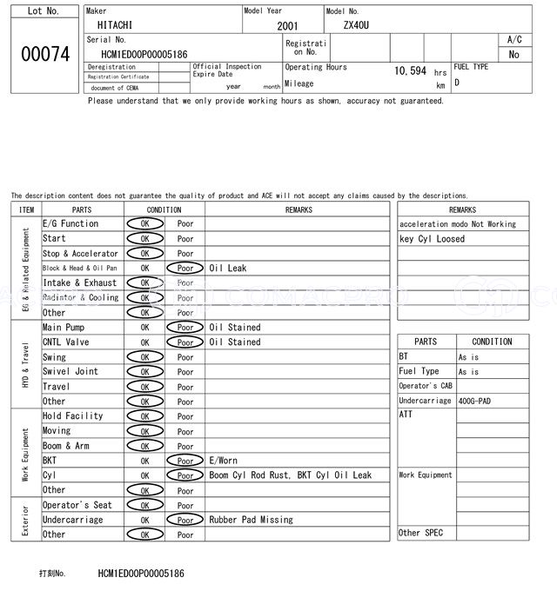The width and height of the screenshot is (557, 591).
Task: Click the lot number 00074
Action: tap(44, 54)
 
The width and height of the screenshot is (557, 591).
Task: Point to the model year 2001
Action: tap(287, 26)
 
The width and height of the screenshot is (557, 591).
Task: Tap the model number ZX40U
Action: tap(356, 25)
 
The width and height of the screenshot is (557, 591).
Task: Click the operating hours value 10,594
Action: tap(410, 71)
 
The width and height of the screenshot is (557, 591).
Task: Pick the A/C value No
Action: tap(513, 54)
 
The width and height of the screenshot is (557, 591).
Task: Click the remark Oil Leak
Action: tap(228, 269)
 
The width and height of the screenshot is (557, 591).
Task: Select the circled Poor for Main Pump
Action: tap(185, 328)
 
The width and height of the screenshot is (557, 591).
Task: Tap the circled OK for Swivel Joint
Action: tap(144, 372)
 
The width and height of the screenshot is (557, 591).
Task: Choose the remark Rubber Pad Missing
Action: tap(251, 520)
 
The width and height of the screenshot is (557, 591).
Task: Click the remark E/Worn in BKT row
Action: tap(223, 461)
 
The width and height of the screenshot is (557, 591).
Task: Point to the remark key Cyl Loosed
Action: tap(432, 239)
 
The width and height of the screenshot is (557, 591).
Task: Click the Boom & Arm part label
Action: tap(66, 446)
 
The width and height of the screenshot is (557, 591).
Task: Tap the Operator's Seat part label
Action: tap(77, 505)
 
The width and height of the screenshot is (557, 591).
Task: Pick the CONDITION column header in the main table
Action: tap(164, 209)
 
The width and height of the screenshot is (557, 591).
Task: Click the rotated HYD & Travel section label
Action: tap(26, 365)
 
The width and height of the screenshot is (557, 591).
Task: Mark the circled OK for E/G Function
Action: tap(144, 224)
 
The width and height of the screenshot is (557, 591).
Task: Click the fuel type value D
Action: tap(457, 83)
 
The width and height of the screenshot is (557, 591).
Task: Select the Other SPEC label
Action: tap(421, 533)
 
